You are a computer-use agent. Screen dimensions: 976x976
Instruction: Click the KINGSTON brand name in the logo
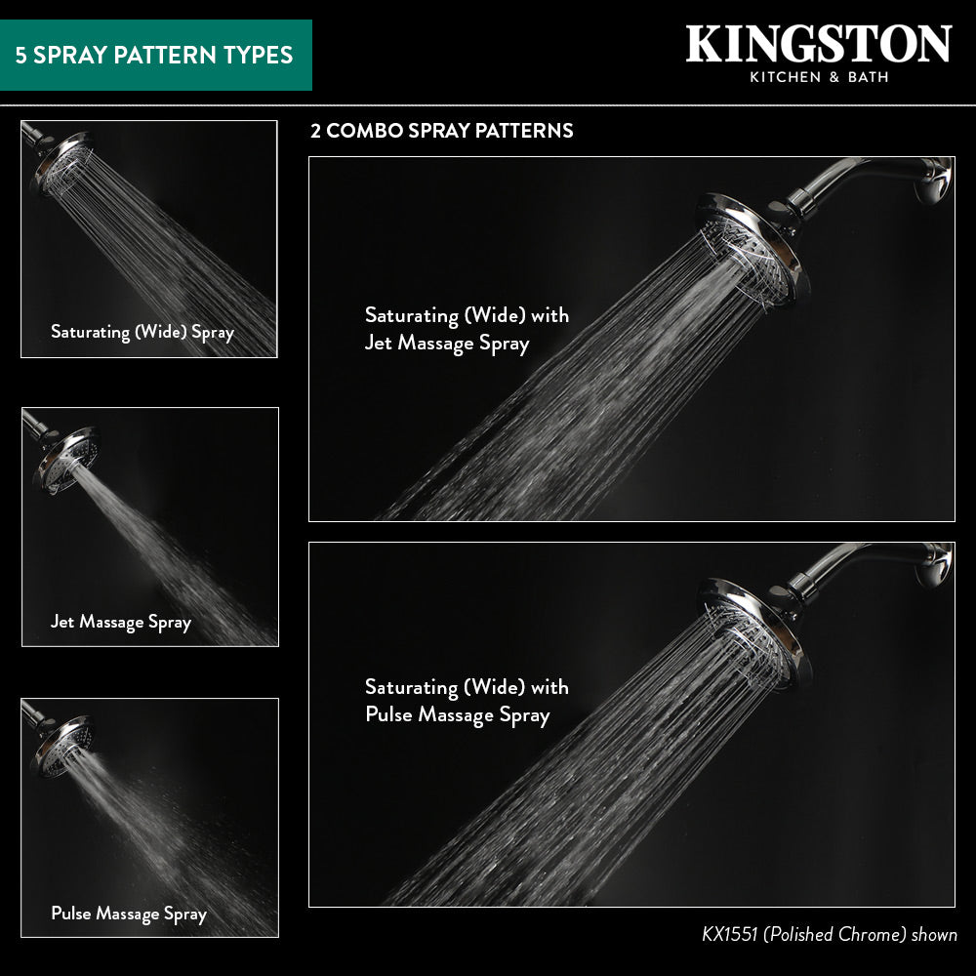point(819,44)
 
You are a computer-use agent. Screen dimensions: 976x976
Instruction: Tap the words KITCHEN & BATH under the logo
point(819,77)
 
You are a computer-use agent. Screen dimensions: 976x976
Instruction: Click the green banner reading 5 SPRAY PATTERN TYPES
point(155,55)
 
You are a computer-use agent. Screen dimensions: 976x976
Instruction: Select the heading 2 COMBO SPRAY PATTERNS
point(441,131)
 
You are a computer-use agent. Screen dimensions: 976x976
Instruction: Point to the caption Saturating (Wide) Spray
point(142,333)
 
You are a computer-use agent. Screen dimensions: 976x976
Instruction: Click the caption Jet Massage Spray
point(121,623)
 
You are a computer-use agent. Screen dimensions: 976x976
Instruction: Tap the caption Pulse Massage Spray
point(129,914)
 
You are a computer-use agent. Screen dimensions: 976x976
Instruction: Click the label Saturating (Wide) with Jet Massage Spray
point(467,329)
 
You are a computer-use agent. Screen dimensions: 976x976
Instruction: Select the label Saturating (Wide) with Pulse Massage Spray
point(467,701)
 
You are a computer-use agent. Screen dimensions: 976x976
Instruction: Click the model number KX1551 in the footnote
point(729,934)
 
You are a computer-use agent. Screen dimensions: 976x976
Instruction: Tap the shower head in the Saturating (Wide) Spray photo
point(61,162)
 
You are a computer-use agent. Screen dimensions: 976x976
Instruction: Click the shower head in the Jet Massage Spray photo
point(64,460)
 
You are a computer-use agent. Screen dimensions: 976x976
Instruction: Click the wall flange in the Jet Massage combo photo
point(934,181)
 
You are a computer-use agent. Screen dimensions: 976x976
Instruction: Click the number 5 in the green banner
point(21,56)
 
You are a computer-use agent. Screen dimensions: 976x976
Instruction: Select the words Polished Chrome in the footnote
point(834,934)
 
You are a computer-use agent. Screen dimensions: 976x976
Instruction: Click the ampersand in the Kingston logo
point(834,77)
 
